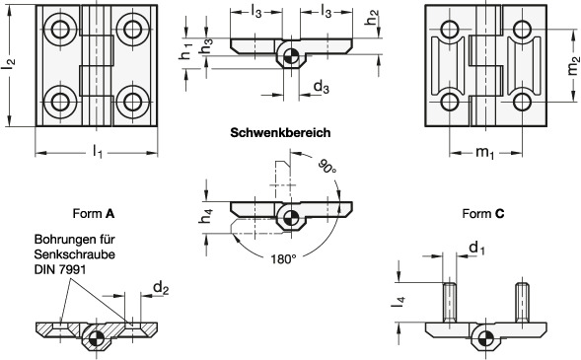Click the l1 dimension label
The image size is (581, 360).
click(x=97, y=152)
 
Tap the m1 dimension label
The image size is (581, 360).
click(x=484, y=152)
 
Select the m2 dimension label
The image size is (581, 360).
click(x=572, y=65)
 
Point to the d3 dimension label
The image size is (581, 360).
click(x=321, y=88)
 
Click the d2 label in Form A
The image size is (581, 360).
click(x=161, y=288)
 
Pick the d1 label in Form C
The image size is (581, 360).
click(x=476, y=248)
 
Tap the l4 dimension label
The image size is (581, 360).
click(x=398, y=302)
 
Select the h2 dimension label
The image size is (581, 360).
click(x=372, y=18)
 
